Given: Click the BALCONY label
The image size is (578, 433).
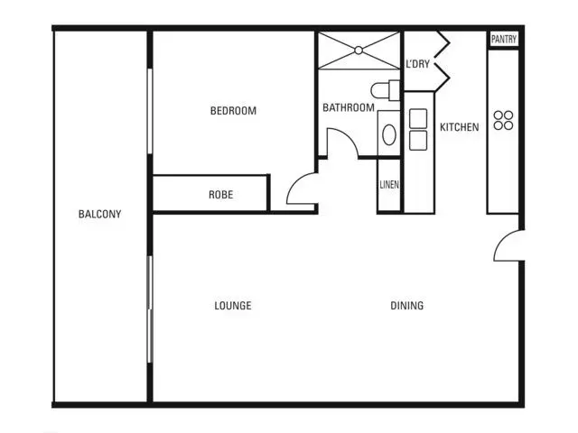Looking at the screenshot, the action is (x=99, y=214).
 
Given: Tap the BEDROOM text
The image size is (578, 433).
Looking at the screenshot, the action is (x=233, y=111).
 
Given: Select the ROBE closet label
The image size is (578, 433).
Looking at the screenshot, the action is (x=220, y=195).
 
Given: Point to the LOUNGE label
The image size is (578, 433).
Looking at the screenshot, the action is (x=233, y=306).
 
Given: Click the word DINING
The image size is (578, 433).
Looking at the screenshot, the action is (x=407, y=306).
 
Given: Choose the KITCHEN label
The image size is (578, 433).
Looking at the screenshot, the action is (x=460, y=127).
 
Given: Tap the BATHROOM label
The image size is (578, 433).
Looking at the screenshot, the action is (x=349, y=107).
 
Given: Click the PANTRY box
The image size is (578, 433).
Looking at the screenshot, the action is (x=504, y=39).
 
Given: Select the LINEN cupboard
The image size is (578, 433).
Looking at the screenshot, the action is (x=389, y=185).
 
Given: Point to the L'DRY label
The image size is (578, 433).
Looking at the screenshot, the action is (x=417, y=64).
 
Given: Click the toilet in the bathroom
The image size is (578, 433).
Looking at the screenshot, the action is (x=386, y=90).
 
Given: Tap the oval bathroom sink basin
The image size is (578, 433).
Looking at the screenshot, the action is (x=389, y=134).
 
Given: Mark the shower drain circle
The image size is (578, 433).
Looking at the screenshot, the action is (x=359, y=51).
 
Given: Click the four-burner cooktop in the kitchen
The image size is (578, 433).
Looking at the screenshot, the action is (x=503, y=120).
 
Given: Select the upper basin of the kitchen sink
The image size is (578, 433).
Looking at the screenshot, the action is (x=418, y=118).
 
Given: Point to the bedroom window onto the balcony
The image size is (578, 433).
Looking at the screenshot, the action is (x=150, y=111).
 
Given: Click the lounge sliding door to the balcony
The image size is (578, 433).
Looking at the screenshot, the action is (x=150, y=309).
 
